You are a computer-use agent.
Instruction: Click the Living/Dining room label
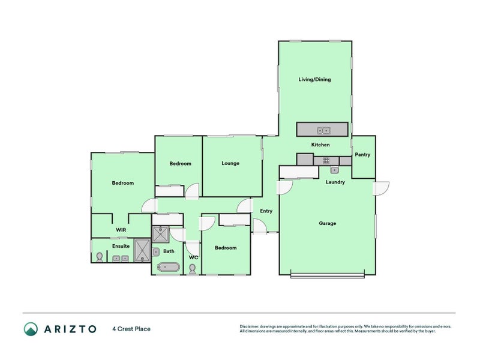314,79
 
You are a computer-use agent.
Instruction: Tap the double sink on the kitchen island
324,130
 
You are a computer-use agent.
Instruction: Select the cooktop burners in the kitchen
326,160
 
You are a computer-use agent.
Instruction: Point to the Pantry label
362,155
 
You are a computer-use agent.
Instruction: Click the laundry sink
334,170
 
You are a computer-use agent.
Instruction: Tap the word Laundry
335,182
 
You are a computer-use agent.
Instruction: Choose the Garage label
327,223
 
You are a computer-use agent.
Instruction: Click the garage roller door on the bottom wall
327,275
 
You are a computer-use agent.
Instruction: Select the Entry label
266,211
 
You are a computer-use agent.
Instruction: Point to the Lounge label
230,163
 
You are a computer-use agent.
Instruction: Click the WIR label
121,230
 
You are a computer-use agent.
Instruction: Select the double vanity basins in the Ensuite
121,259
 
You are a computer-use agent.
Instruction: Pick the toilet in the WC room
193,269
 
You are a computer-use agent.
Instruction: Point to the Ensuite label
121,246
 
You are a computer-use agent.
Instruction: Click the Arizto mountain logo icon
31,329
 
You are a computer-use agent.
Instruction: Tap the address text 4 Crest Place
131,329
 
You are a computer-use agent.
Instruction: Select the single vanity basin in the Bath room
155,252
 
